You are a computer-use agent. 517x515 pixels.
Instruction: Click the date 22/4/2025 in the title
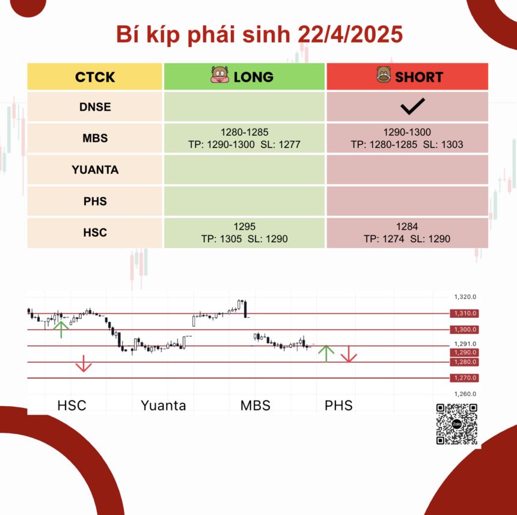[x=350, y=34]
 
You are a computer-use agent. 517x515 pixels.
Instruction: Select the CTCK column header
[x=95, y=77]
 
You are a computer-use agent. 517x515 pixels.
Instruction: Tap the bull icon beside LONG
[x=220, y=75]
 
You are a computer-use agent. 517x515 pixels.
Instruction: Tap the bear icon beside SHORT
[x=384, y=75]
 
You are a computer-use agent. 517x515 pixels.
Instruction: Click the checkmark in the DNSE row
[x=412, y=106]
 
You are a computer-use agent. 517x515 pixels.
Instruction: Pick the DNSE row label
[x=95, y=107]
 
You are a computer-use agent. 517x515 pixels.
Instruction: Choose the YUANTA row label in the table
[x=95, y=169]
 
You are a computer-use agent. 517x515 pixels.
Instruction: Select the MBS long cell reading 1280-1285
[x=244, y=138]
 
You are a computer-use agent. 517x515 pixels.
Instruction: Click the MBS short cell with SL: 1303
[x=407, y=138]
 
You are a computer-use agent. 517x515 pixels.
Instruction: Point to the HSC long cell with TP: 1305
[x=244, y=233]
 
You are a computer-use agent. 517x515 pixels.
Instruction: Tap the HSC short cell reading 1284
[x=407, y=233]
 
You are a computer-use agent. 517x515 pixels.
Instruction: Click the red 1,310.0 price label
[x=464, y=313]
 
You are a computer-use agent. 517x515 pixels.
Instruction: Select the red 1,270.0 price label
[x=464, y=378]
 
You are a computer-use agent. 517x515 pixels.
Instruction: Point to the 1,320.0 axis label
[x=465, y=297]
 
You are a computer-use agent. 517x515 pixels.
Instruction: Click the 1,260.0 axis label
[x=465, y=394]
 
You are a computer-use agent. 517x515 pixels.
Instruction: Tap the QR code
[x=457, y=424]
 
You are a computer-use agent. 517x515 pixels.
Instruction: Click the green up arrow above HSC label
[x=61, y=329]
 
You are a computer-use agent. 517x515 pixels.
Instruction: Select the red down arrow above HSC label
[x=84, y=364]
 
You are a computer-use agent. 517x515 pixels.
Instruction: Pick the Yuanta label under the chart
[x=163, y=405]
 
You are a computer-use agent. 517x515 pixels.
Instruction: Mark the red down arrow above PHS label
[x=349, y=354]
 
